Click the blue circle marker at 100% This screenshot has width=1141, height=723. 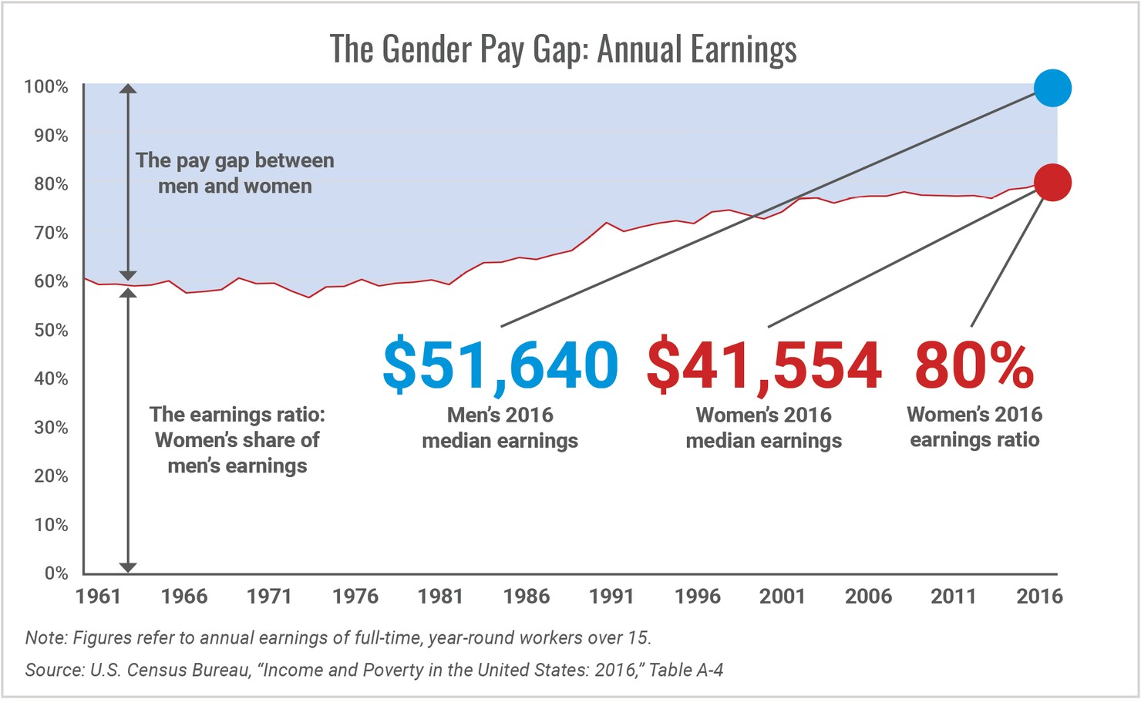coord(1052,88)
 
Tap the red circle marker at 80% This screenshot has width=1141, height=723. coord(1052,183)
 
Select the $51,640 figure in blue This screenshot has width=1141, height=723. coord(500,365)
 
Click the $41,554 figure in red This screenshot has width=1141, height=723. coord(764,365)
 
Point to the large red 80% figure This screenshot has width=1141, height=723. coord(974,365)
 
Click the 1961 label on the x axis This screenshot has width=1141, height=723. coord(99,596)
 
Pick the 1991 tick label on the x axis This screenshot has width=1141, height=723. coord(611,596)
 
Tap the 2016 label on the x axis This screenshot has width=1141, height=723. coord(1039,596)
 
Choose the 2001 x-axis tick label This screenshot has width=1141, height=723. coord(783,596)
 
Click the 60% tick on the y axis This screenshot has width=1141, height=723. coord(51,281)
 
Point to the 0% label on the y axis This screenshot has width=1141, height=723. coord(56,573)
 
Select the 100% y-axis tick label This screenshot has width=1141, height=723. coord(46,87)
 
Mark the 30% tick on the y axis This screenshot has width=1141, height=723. coord(51,428)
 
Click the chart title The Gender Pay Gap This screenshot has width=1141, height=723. coord(563,49)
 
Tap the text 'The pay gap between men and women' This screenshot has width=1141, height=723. coord(235,173)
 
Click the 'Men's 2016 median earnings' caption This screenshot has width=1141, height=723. coord(500,428)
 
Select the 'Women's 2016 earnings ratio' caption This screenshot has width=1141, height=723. coord(974,427)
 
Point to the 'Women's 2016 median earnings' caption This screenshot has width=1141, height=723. coord(764,428)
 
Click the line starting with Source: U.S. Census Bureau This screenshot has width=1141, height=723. coord(374,670)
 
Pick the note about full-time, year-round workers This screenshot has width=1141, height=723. coord(338,637)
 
